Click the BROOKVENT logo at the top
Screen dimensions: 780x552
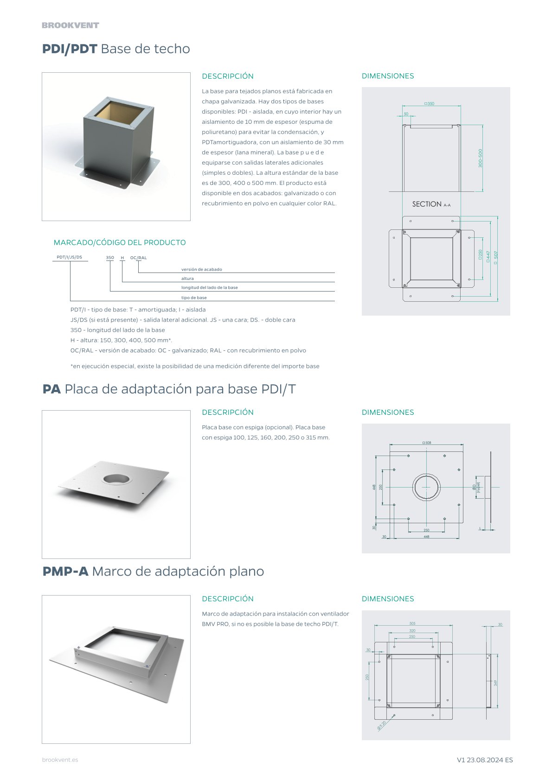(71, 25)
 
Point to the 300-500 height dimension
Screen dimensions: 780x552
(480, 158)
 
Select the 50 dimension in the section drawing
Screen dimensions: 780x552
(406, 114)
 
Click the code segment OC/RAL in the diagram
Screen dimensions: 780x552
(138, 258)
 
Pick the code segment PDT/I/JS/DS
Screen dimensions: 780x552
(69, 257)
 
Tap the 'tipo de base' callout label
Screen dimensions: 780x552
(194, 298)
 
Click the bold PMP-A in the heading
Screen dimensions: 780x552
(65, 571)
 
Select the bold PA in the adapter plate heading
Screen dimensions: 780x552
(51, 389)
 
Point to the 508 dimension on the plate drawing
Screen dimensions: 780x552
(427, 443)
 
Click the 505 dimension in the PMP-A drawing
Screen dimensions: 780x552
(412, 623)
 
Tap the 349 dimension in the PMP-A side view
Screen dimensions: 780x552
(495, 683)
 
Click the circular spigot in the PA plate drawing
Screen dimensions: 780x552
(426, 487)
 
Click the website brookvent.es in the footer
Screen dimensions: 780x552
(60, 760)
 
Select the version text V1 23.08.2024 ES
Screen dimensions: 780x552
(484, 760)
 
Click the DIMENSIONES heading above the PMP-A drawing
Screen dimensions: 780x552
(387, 599)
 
